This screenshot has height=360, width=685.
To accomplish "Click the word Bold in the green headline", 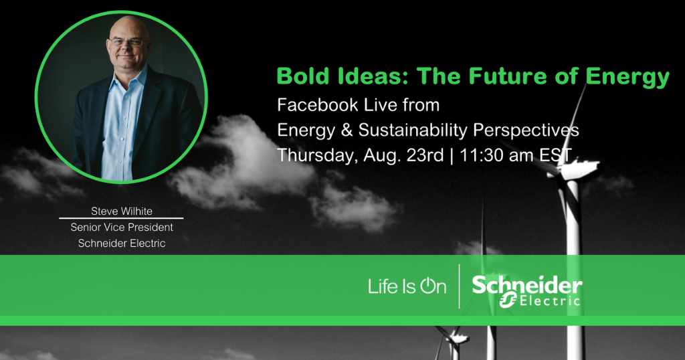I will (x=299, y=76).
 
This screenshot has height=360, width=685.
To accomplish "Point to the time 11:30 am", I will (x=496, y=155).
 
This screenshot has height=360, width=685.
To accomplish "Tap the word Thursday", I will (x=312, y=155).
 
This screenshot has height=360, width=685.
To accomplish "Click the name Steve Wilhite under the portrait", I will (x=122, y=211).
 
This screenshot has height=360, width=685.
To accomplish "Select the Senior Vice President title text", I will (x=122, y=228).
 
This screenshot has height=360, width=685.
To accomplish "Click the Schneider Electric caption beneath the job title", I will (x=122, y=244).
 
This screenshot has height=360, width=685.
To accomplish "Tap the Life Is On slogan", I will (x=407, y=287).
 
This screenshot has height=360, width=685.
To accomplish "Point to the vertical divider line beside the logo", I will (x=460, y=286).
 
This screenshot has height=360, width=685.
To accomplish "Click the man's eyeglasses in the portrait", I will (x=127, y=42).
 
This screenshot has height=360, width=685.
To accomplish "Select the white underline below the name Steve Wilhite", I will (x=121, y=219).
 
